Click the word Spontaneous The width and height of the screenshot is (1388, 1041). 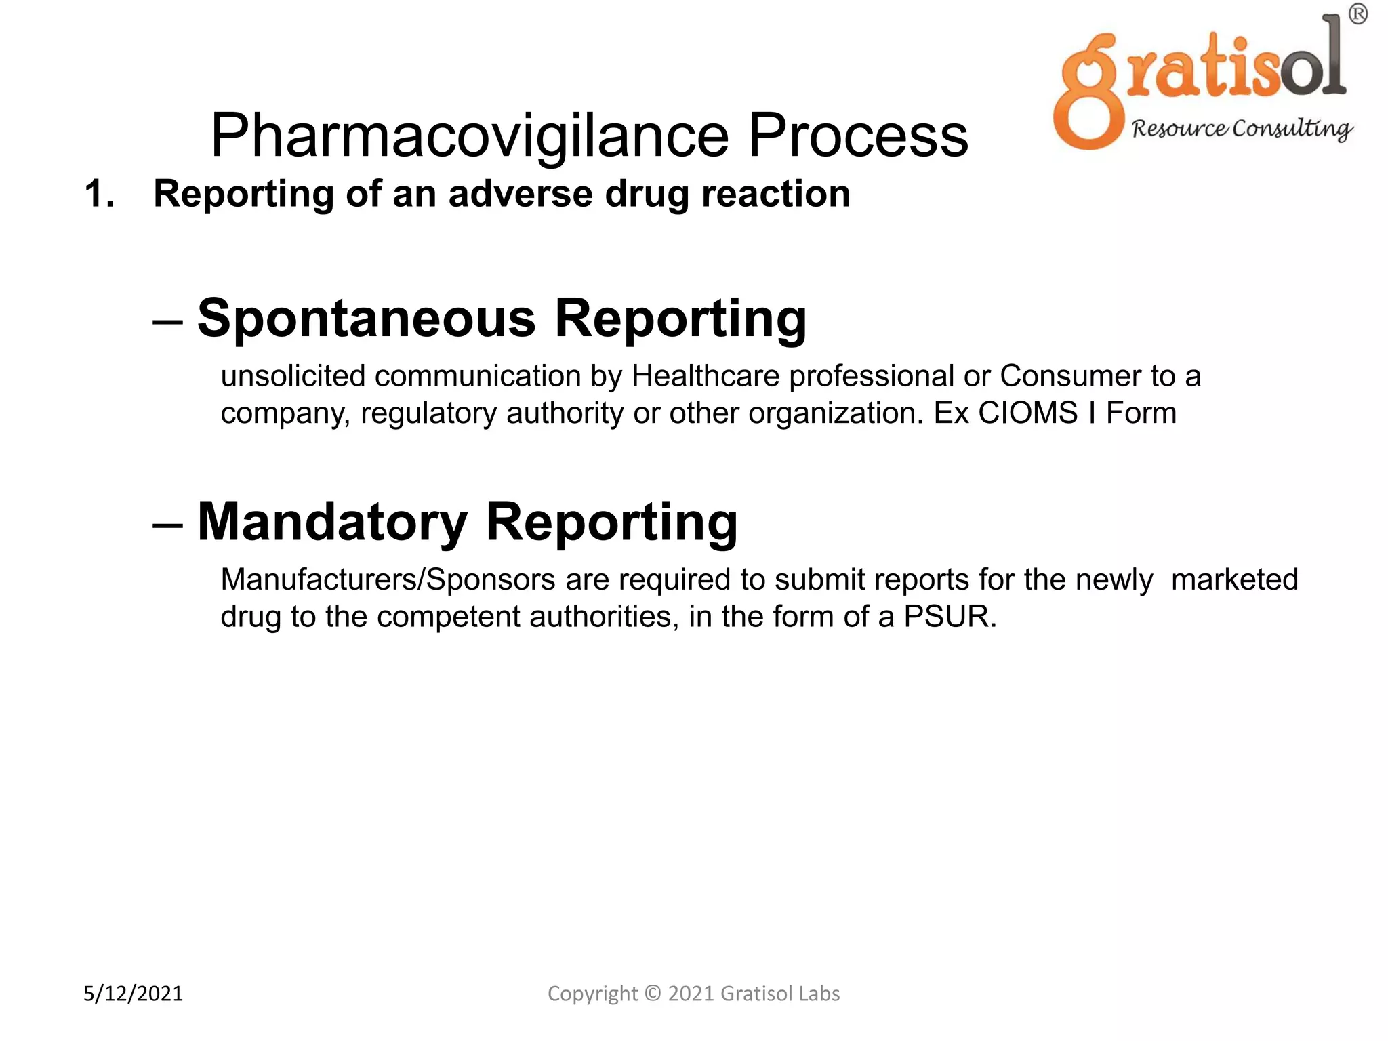point(366,319)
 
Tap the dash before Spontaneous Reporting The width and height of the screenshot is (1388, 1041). point(168,321)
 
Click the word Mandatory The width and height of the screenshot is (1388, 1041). point(332,523)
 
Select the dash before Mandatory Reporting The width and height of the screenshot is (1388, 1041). point(168,525)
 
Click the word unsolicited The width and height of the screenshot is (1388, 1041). point(293,376)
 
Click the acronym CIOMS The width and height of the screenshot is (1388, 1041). point(1027,413)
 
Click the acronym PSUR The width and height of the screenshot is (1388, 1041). point(950,617)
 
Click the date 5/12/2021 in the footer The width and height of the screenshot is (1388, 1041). point(134,994)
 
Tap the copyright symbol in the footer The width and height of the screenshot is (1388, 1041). point(652,994)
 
